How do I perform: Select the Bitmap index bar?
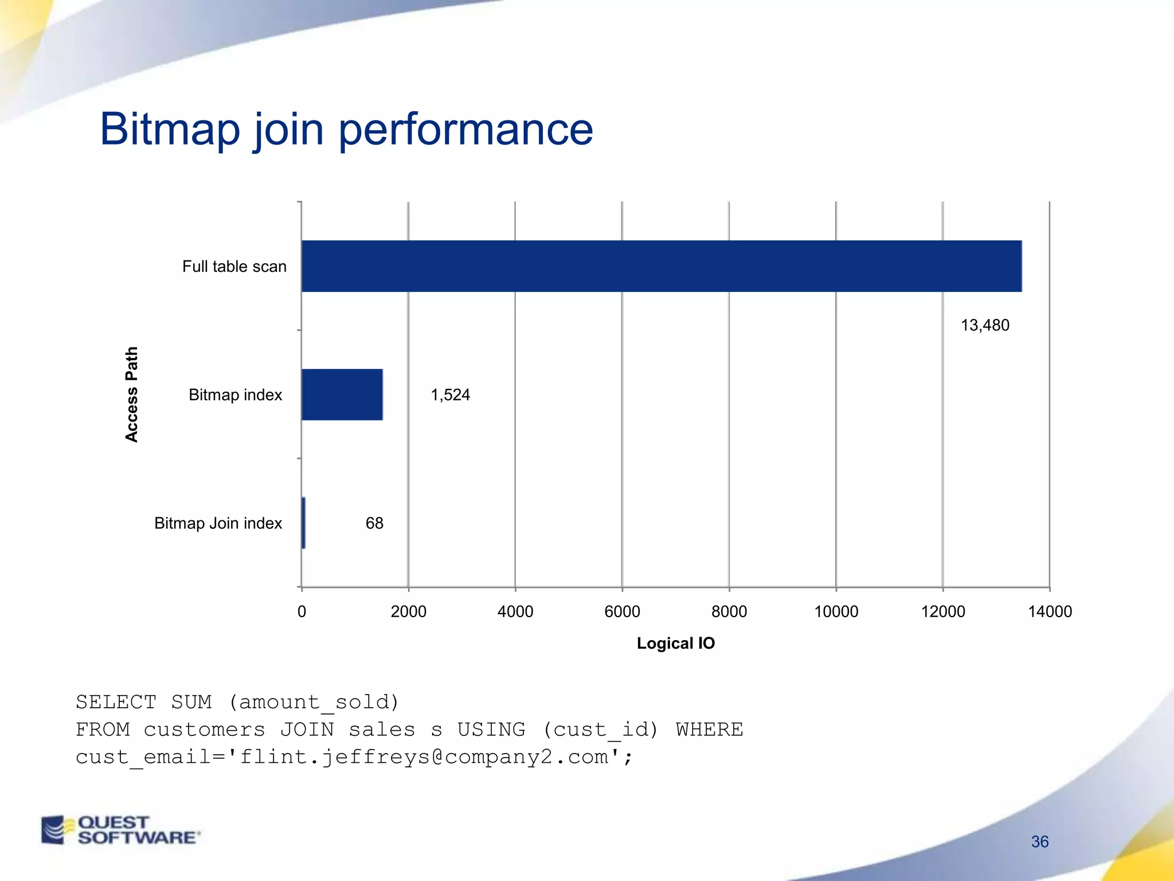coord(342,395)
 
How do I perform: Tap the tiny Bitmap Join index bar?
coord(303,523)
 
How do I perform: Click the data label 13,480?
coord(985,325)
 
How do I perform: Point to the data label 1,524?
coord(450,395)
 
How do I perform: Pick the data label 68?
coord(374,523)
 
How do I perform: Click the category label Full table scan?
coord(234,266)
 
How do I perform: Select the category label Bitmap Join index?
coord(218,523)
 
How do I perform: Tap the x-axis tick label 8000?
coord(729,611)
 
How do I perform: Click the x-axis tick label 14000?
coord(1050,611)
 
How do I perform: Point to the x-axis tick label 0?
coord(302,611)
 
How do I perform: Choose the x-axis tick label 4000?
coord(515,611)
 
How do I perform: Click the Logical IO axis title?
coord(675,643)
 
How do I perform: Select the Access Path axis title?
coord(131,395)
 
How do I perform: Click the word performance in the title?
coord(465,130)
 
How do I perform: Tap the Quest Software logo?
coord(121,830)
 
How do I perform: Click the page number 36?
coord(1039,841)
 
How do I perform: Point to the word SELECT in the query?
coord(116,702)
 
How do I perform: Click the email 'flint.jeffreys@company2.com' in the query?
coord(424,757)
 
